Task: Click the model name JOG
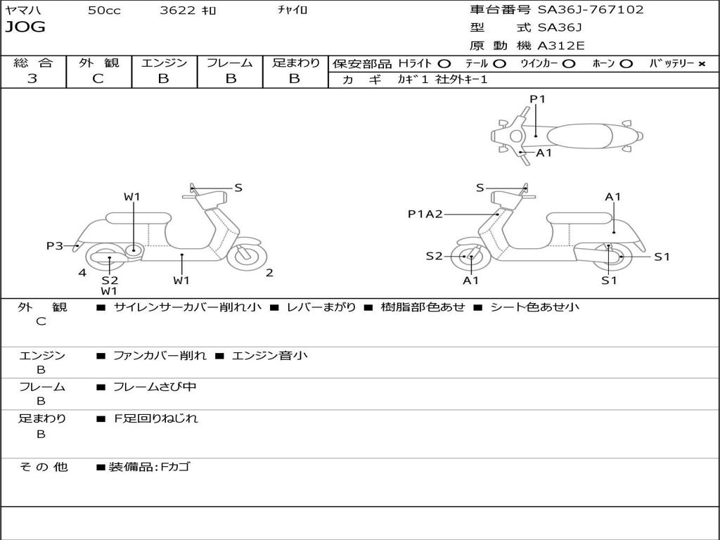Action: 25,27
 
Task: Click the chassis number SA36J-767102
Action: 591,10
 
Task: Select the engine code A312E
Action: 560,46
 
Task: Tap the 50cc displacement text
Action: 103,11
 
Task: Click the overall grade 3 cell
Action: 32,79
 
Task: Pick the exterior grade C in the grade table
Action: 98,79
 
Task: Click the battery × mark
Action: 701,63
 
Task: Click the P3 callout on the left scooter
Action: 55,245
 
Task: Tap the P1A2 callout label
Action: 425,214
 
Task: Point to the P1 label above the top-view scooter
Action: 538,99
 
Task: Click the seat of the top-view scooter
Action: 581,135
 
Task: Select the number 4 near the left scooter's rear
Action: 82,273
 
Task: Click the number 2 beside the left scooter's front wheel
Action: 269,273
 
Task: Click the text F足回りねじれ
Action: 155,418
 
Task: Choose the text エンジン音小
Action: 269,356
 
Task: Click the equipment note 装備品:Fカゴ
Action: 148,466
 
